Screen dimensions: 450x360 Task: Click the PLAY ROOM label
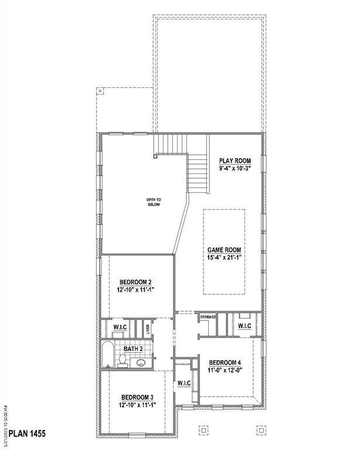coord(235,160)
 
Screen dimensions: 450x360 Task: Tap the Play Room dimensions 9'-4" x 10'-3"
coord(235,169)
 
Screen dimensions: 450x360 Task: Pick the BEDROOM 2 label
coord(135,281)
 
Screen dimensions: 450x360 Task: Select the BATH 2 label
coord(133,349)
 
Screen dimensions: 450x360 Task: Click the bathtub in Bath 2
coord(107,354)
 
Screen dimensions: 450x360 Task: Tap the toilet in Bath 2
coord(123,360)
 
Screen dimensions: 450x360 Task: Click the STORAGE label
coord(208,318)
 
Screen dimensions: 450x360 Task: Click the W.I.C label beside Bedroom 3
coord(185,383)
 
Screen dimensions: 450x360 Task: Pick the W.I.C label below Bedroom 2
coord(120,327)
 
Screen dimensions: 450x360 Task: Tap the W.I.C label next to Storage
coord(244,326)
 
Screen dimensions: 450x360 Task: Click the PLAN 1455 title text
coord(26,435)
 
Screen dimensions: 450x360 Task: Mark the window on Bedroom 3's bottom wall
coord(137,434)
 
